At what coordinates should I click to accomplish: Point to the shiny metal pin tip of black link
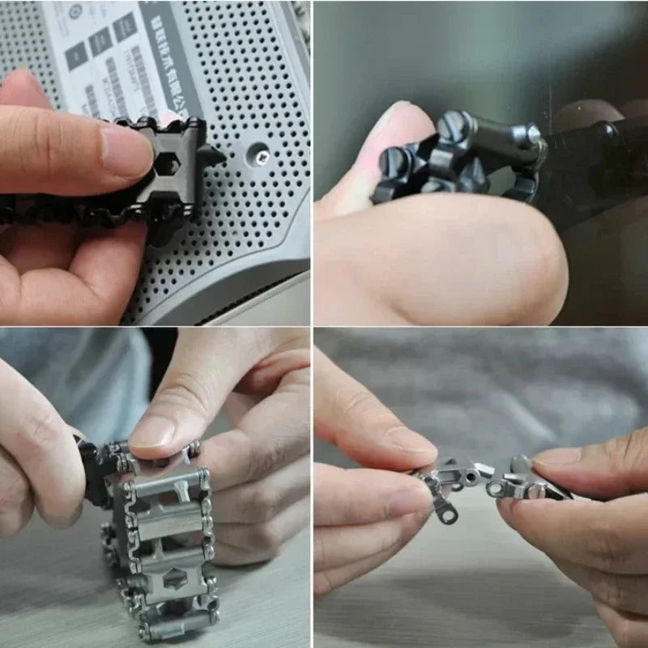(535, 133)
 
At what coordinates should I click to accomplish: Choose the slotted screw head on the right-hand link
(535, 491)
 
